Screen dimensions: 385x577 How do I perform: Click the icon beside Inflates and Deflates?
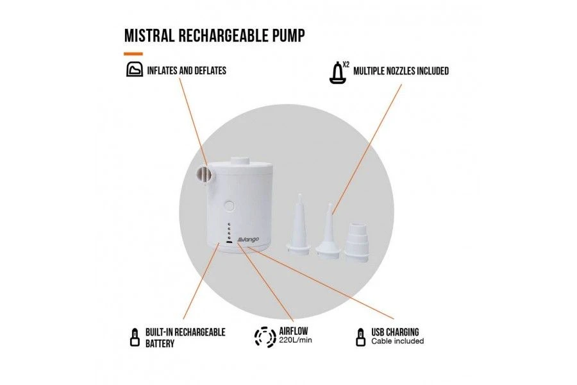(x=134, y=70)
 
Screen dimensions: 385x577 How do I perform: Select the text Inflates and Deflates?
(x=187, y=71)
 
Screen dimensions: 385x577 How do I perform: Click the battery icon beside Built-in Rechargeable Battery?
(x=134, y=336)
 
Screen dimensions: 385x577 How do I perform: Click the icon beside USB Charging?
(x=360, y=336)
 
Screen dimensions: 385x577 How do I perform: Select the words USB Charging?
(x=395, y=332)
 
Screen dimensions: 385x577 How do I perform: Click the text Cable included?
(x=397, y=341)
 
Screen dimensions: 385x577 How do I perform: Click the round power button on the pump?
(x=230, y=207)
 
